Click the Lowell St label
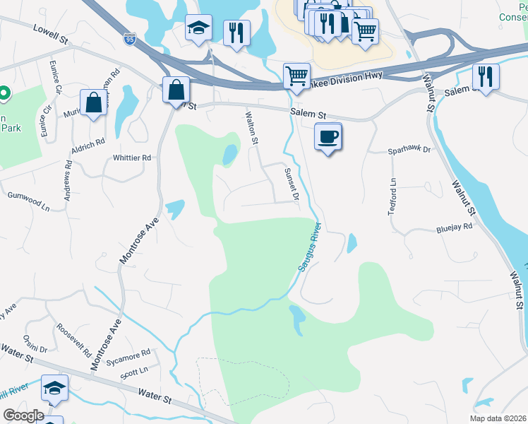tap(49, 33)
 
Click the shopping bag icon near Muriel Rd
tap(94, 103)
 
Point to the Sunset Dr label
tap(292, 183)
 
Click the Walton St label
tap(251, 127)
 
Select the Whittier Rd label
tap(132, 158)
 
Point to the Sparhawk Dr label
tap(409, 151)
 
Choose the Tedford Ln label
tap(393, 197)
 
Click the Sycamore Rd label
tap(128, 357)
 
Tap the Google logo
tap(23, 415)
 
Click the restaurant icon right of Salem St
tap(486, 76)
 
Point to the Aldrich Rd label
tap(87, 141)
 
